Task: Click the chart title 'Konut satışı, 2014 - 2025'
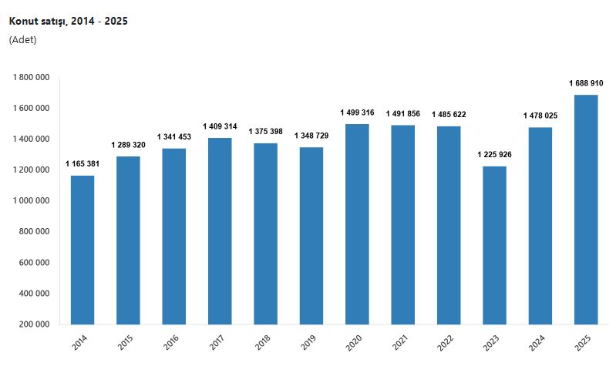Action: tap(68, 22)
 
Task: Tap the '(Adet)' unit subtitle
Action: tap(22, 40)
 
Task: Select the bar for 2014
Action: tap(82, 250)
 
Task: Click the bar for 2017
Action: tap(220, 231)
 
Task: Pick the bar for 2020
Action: tap(357, 223)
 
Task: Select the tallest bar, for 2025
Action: tap(586, 209)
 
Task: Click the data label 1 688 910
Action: tap(586, 83)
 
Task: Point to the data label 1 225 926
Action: tap(494, 154)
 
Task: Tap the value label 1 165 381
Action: tap(82, 163)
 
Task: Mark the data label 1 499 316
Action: tap(357, 113)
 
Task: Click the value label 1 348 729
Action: tap(311, 136)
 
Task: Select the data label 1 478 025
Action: tap(540, 116)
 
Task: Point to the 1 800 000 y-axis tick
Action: tap(32, 77)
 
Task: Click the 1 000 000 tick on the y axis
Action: tap(32, 200)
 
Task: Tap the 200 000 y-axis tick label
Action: tap(35, 324)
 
